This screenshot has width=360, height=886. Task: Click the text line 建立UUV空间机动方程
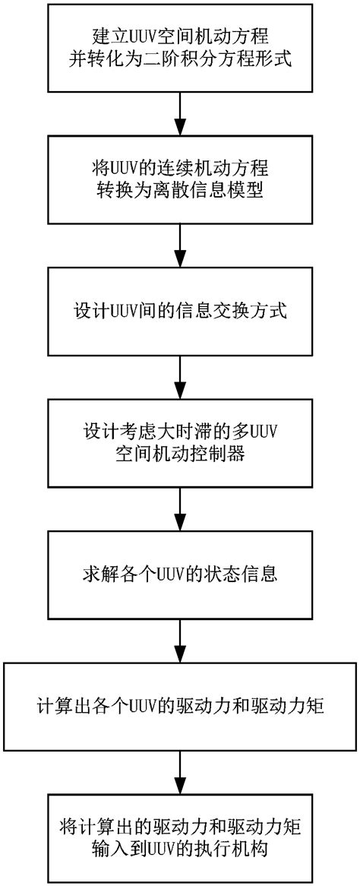coord(180,36)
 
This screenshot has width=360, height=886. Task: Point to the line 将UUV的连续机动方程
coord(180,167)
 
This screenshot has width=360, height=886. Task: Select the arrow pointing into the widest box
coord(180,640)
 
